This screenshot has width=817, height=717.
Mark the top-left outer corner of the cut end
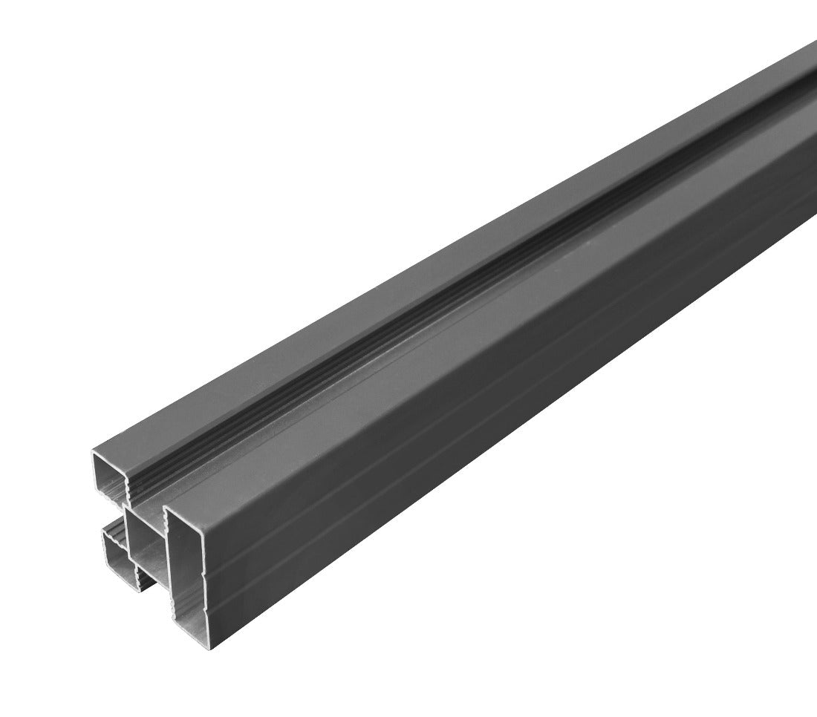pyautogui.click(x=94, y=451)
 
